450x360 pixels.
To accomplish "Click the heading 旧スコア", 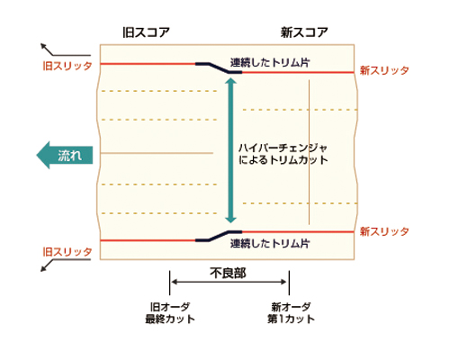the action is point(146,32).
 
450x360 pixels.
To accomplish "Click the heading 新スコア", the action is point(304,32).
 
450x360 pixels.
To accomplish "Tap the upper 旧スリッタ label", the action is point(67,66).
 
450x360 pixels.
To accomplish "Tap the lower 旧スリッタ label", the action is point(67,251).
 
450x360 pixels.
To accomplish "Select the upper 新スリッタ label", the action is point(384,70).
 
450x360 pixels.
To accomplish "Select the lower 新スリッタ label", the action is point(384,231).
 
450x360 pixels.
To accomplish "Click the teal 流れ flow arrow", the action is point(65,155).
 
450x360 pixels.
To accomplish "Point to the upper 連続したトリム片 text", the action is point(270,62).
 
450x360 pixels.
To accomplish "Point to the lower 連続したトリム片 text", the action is point(270,243).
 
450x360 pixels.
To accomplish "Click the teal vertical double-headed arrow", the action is point(230,150).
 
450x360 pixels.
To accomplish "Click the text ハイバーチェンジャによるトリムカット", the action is point(283,154).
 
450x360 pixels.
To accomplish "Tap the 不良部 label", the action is point(228,273).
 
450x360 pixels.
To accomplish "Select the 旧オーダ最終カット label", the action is point(170,313).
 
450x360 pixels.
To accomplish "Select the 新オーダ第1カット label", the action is point(291,313).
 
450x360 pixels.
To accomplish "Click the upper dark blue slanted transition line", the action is point(219,67).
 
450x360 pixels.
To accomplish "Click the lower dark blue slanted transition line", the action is point(219,236).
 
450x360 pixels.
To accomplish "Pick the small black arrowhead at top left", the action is point(44,46).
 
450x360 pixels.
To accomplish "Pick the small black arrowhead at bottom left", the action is point(44,269).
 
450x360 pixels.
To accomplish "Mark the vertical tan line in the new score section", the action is point(309,152).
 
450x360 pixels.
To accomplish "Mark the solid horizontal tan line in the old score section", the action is point(157,153).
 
